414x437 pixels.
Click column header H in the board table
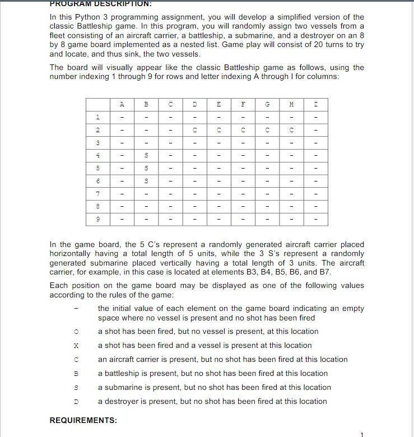coord(291,104)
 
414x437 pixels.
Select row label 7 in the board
coord(97,194)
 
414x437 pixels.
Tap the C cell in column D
coord(194,130)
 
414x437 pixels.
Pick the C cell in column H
coord(291,130)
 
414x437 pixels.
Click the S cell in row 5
coord(146,168)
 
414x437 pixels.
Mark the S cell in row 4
coord(146,155)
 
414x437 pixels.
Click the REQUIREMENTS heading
coord(83,420)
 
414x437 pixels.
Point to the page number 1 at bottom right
coord(362,434)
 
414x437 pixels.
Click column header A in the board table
coord(122,104)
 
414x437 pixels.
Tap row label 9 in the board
coord(97,219)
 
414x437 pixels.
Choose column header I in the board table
coord(315,104)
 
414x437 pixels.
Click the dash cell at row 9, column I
coord(315,219)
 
